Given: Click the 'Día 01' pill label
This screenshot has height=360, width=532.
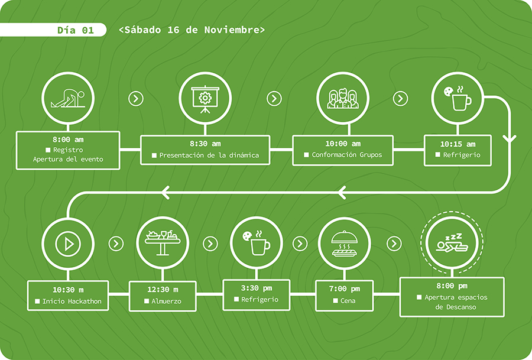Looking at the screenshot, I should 75,30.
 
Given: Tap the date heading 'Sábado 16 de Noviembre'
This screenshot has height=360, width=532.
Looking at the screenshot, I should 192,30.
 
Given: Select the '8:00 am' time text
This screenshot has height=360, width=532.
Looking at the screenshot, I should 68,140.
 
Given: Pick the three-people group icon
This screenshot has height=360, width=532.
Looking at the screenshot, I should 343,98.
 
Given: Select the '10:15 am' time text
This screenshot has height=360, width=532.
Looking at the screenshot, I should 458,144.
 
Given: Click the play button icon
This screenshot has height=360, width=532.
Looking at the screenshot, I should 69,243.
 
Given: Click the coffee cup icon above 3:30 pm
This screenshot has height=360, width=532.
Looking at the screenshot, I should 256,243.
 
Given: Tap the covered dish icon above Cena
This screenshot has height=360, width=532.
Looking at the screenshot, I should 344,243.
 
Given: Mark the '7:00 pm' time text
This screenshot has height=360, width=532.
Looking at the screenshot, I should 345,289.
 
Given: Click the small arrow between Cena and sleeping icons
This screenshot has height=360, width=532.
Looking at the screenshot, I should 394,244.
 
